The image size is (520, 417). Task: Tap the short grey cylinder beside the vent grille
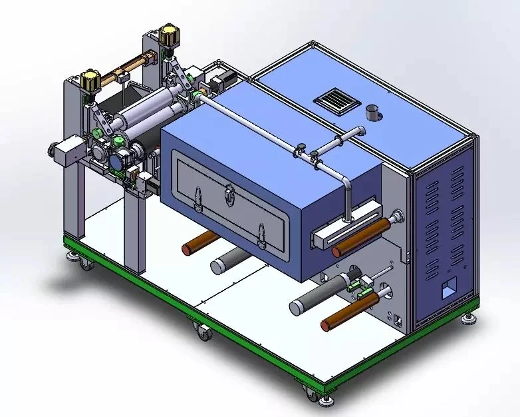(372, 113)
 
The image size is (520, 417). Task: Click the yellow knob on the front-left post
(90, 80)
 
